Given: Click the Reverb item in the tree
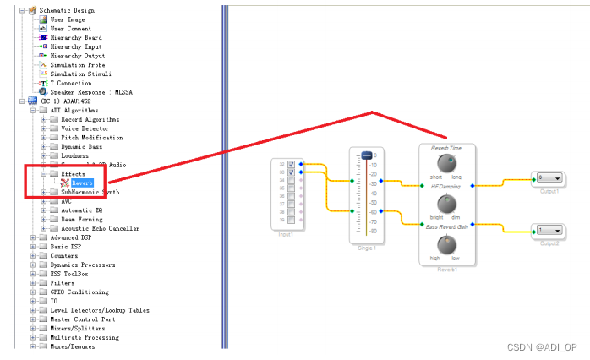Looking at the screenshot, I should click(x=81, y=183).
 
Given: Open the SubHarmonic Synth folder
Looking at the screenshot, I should click(x=90, y=192).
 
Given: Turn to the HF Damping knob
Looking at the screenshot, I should click(x=446, y=202).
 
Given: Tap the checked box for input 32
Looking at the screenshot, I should click(x=291, y=163).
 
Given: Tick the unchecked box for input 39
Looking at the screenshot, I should click(x=291, y=220).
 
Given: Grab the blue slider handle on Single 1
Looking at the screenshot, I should click(x=366, y=155).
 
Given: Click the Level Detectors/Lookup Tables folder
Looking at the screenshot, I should click(x=100, y=310).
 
